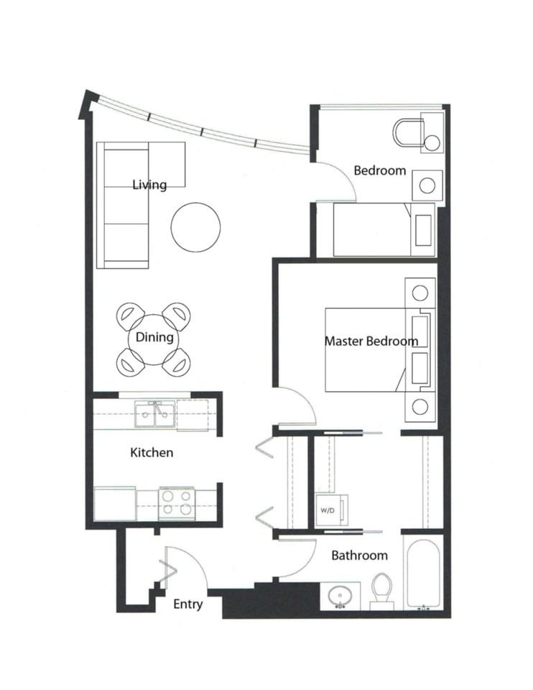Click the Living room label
(x=149, y=185)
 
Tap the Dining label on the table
(x=154, y=337)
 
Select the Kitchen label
(x=151, y=453)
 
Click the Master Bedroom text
(x=371, y=341)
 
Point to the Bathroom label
(x=359, y=555)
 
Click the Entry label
(x=187, y=604)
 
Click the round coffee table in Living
(x=195, y=227)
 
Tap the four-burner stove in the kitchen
(x=177, y=502)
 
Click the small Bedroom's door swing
(x=336, y=183)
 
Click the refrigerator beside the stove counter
(x=115, y=503)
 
